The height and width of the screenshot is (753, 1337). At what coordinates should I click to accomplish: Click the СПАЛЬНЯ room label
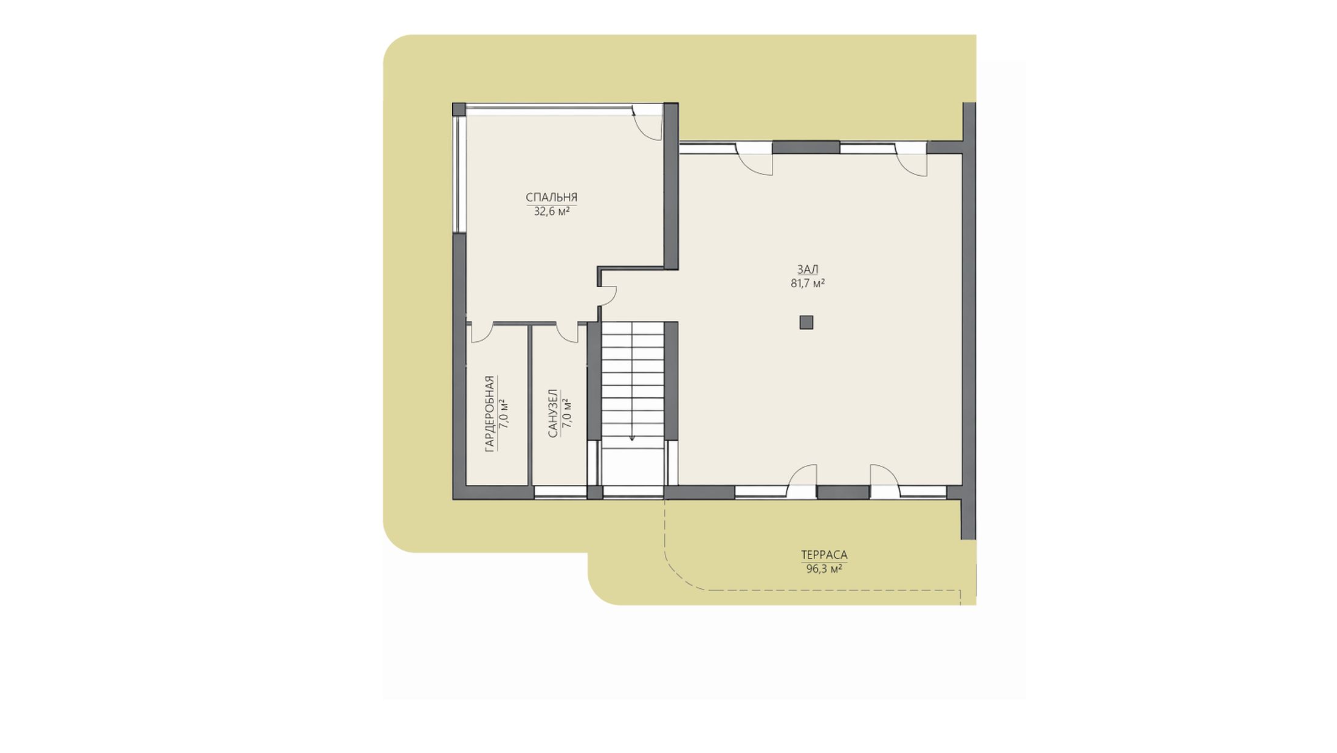[x=551, y=197]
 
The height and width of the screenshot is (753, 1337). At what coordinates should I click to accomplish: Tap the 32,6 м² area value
[x=551, y=212]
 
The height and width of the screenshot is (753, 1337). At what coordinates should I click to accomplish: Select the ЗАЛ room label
[x=808, y=269]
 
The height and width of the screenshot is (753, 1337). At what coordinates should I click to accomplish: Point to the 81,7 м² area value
[x=808, y=283]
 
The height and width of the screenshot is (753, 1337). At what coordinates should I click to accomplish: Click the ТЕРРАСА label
[x=824, y=555]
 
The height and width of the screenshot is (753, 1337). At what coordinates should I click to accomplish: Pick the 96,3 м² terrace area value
[x=824, y=569]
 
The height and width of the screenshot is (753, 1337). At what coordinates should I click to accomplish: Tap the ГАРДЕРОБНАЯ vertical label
[x=489, y=414]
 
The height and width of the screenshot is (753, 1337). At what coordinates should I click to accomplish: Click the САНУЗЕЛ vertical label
[x=552, y=414]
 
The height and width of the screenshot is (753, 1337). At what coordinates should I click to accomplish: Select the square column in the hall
[x=806, y=322]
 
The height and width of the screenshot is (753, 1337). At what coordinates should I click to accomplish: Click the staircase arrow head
[x=633, y=437]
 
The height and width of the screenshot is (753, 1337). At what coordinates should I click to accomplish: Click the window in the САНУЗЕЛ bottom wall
[x=560, y=493]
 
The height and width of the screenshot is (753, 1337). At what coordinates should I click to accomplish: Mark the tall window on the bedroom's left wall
[x=460, y=174]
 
